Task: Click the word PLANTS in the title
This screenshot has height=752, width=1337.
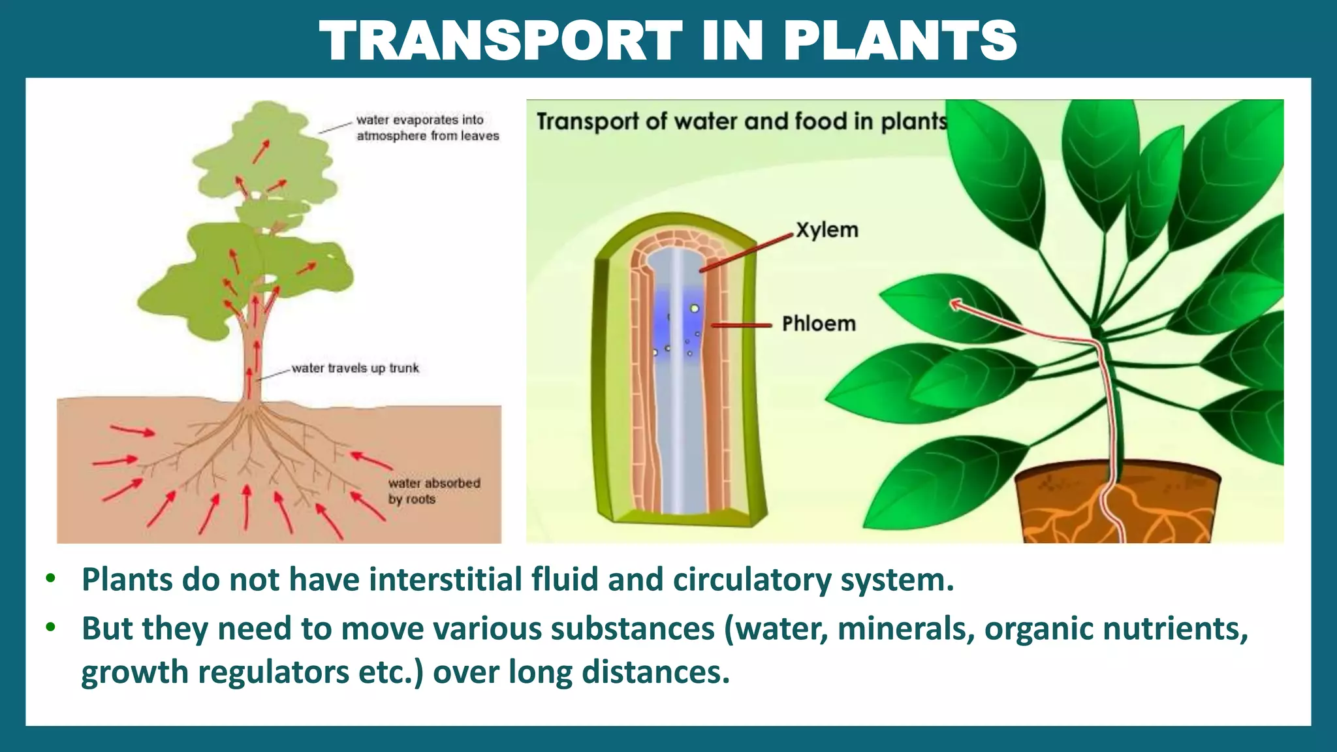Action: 900,40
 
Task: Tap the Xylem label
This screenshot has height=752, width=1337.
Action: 826,230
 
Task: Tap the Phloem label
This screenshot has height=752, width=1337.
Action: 819,323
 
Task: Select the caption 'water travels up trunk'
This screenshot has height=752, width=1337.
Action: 355,368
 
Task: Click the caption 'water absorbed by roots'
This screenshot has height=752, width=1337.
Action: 433,491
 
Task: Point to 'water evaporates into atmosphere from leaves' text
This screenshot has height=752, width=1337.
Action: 427,128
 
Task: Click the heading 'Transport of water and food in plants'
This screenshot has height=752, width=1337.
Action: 742,121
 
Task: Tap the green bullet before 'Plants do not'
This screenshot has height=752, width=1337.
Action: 51,578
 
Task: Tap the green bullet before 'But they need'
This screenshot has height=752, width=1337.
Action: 51,627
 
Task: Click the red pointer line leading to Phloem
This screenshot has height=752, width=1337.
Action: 741,324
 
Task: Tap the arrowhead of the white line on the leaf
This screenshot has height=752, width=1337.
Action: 955,304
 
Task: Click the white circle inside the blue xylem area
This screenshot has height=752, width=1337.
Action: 695,308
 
